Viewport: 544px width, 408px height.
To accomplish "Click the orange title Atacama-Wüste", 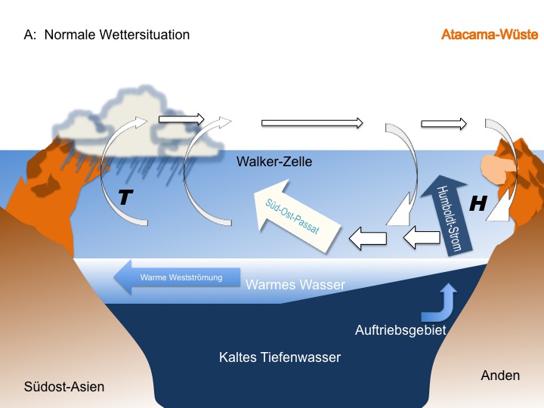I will [489, 35].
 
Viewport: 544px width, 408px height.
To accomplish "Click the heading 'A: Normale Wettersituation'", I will [107, 35].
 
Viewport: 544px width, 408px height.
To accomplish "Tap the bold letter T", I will [125, 198].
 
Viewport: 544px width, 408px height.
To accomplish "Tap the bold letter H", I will [478, 202].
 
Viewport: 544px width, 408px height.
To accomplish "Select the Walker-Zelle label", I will [274, 162].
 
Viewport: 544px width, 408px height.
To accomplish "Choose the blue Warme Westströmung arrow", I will [178, 277].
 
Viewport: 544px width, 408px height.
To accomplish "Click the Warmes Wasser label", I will [295, 285].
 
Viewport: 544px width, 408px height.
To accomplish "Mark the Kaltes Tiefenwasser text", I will [280, 357].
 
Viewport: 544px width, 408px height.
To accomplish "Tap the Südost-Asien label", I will [63, 387].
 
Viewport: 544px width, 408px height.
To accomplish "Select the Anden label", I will [500, 375].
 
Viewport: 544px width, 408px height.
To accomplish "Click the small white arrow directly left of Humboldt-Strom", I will [420, 239].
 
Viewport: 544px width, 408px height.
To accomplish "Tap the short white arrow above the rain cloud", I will [181, 119].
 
